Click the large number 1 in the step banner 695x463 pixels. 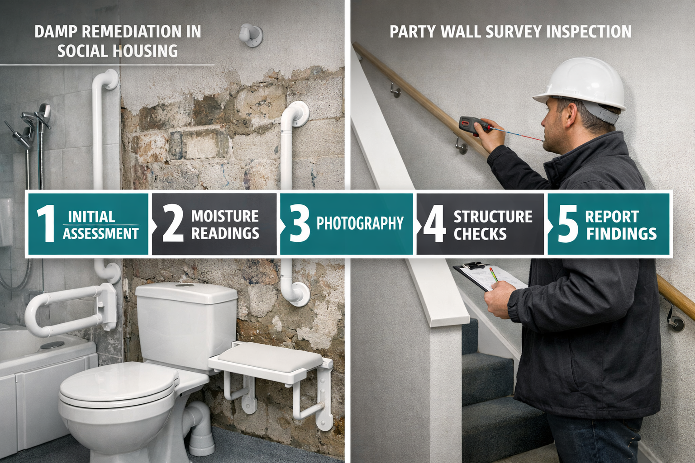[45, 224]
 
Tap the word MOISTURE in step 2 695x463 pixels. [225, 216]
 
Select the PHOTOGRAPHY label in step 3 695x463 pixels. [360, 223]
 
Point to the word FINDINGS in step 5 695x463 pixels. [621, 234]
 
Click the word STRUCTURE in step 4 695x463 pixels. [493, 217]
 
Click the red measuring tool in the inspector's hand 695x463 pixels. [473, 125]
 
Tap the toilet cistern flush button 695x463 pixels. [185, 285]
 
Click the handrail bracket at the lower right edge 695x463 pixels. [676, 321]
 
